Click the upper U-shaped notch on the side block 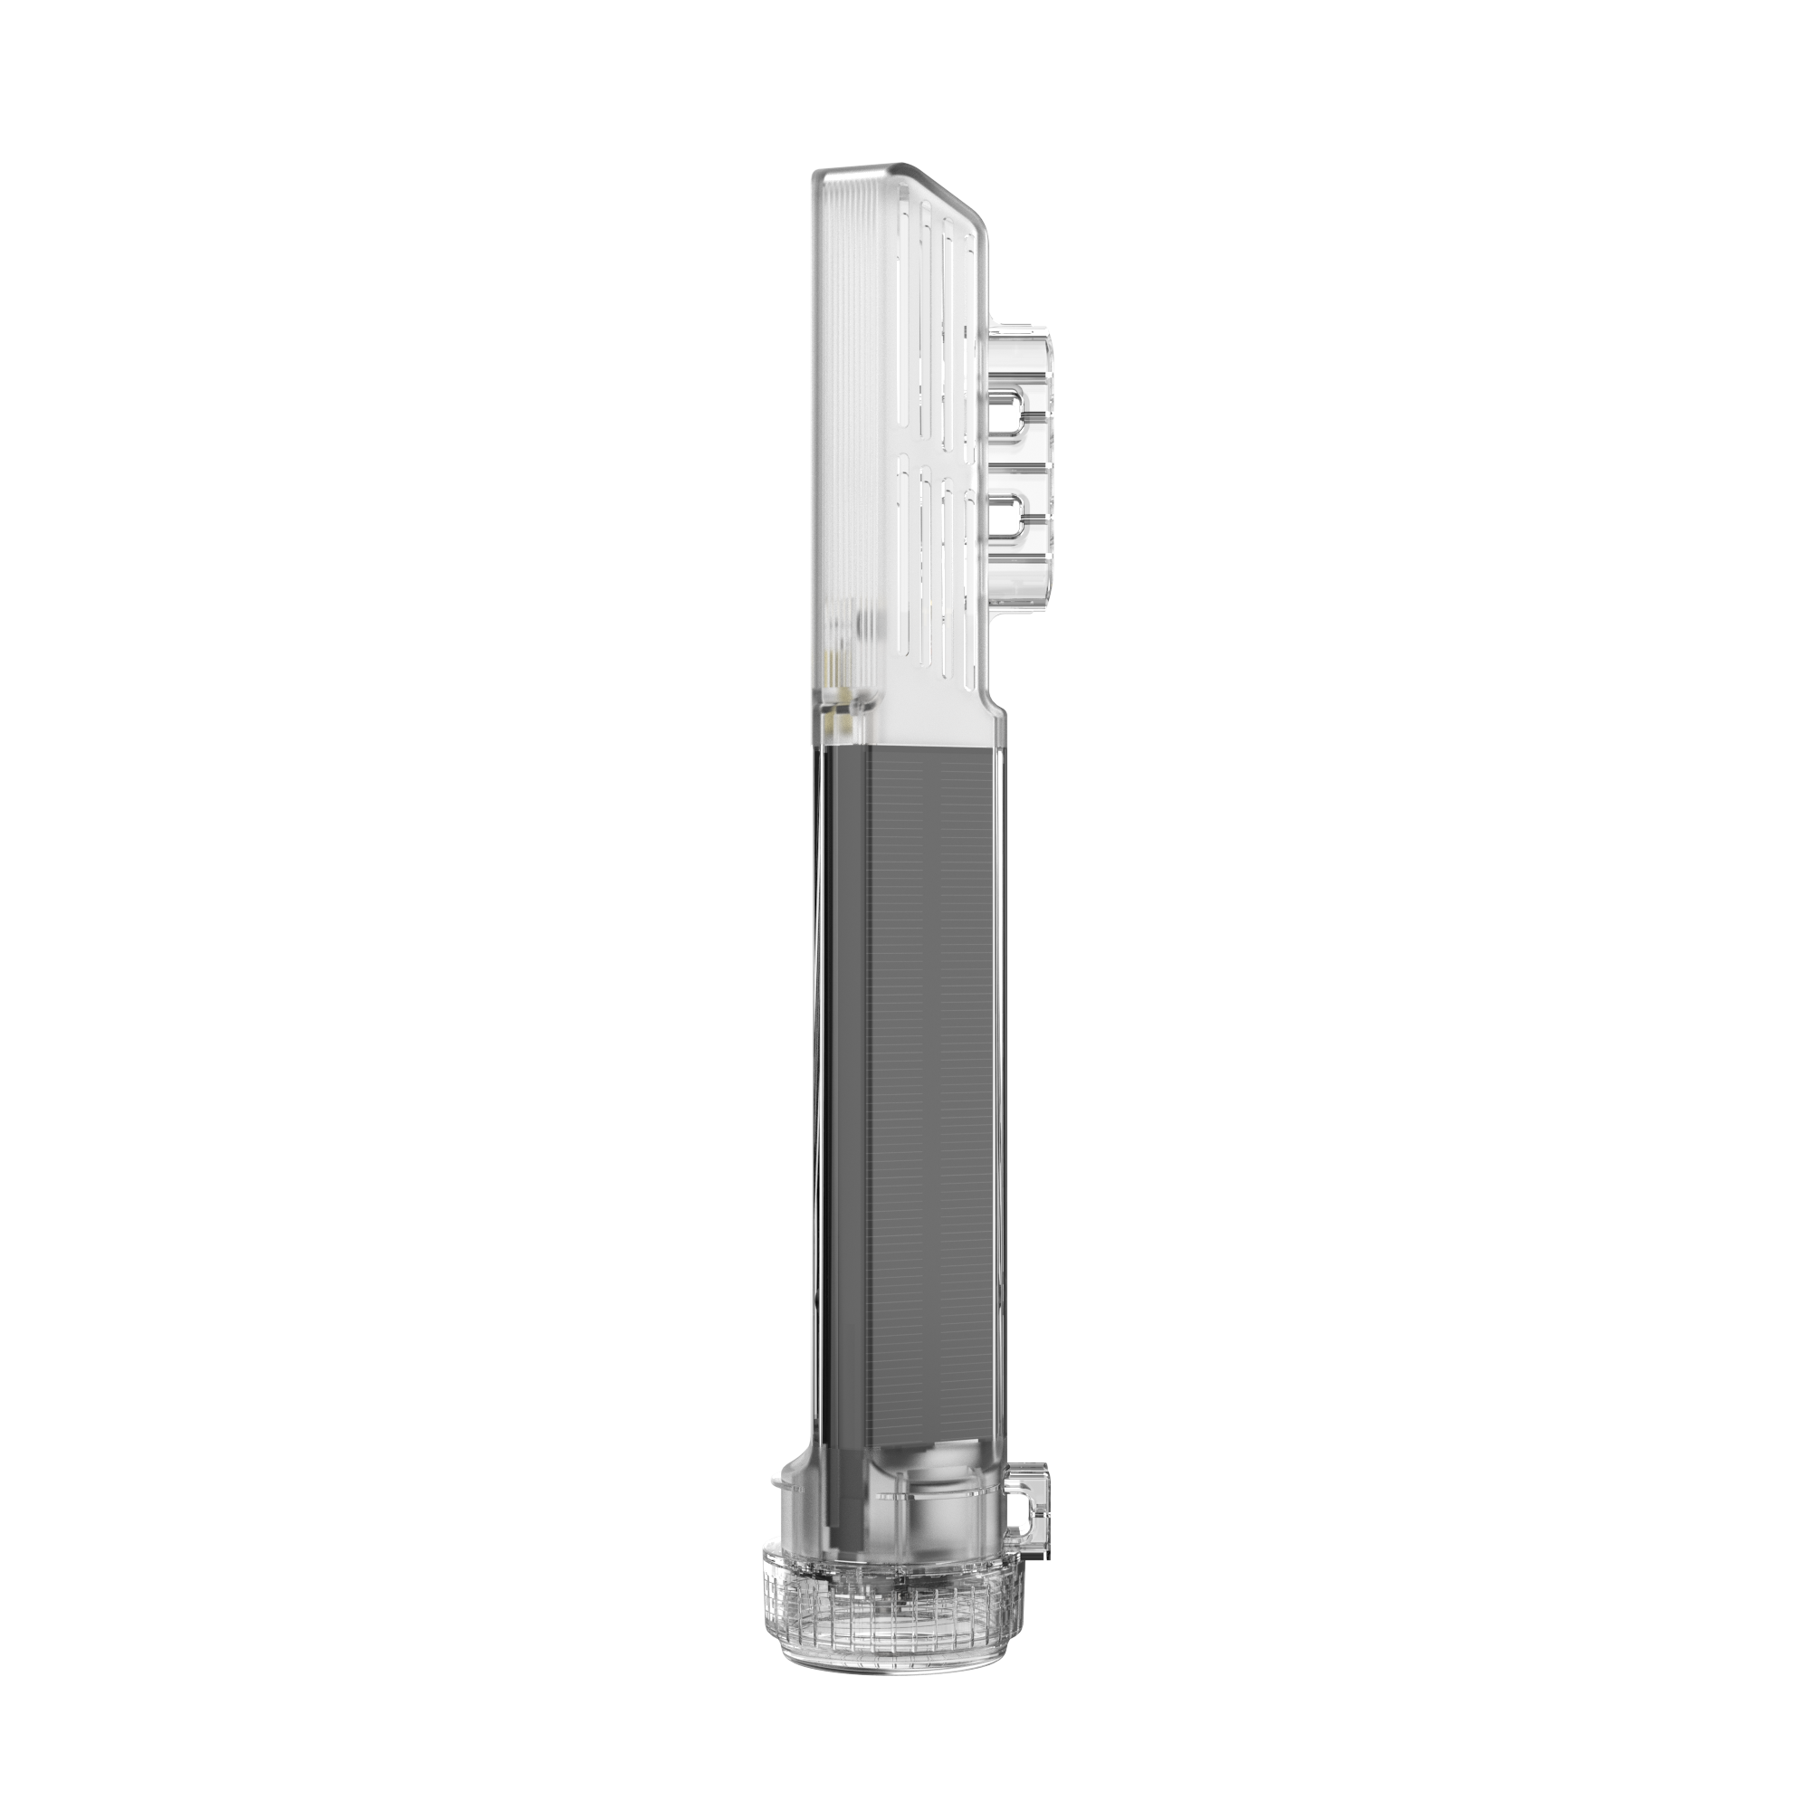tap(1010, 412)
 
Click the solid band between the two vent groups tap(937, 452)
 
